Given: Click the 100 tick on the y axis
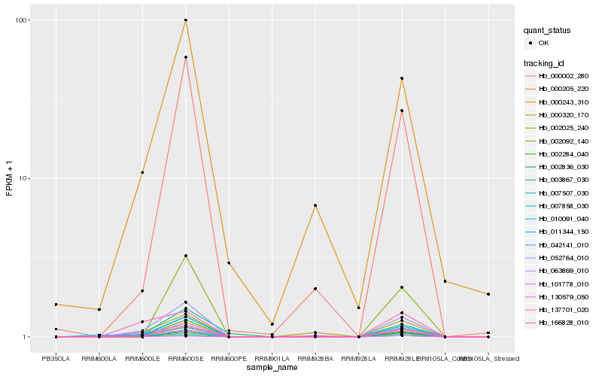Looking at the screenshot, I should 23,20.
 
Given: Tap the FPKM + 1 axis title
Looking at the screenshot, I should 10,180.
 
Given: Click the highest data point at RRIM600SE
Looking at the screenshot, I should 185,20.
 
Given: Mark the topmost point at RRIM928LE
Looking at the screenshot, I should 402,78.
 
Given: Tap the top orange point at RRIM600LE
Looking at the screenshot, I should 142,173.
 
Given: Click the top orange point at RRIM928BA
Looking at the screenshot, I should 315,205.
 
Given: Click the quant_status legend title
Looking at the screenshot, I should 548,31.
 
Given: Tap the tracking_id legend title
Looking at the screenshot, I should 546,62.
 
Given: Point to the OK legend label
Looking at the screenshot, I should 544,44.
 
